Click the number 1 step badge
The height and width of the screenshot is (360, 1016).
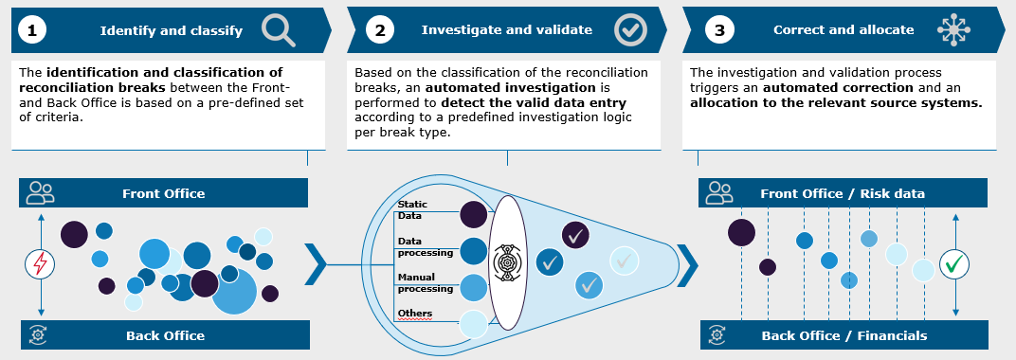click(x=31, y=30)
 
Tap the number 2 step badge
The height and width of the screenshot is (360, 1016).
click(x=379, y=30)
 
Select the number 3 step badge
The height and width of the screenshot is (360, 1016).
click(x=719, y=30)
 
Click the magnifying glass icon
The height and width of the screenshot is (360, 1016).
click(x=279, y=30)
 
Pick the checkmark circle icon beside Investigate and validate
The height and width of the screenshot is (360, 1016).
click(x=630, y=29)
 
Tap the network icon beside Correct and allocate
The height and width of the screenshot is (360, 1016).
click(x=953, y=29)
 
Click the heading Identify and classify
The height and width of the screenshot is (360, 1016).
click(x=171, y=30)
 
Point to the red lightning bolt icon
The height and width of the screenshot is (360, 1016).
click(x=40, y=263)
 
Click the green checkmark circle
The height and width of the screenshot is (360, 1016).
click(x=954, y=264)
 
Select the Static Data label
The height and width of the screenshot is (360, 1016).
click(x=413, y=210)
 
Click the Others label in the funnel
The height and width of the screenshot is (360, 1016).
click(x=415, y=314)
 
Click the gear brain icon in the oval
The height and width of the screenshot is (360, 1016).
click(x=507, y=262)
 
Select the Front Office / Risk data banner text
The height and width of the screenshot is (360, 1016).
click(x=843, y=193)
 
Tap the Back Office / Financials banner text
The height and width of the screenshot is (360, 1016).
click(x=844, y=335)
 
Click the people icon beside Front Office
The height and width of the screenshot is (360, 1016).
click(x=40, y=192)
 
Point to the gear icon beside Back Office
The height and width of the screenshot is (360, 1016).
click(x=38, y=334)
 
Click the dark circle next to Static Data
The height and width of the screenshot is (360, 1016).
click(x=474, y=214)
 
